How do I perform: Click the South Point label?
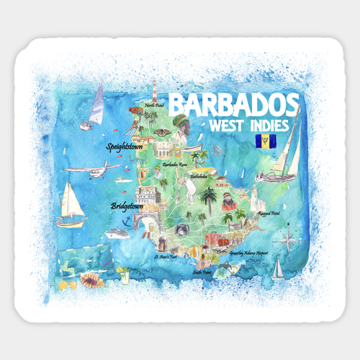pyautogui.click(x=202, y=273)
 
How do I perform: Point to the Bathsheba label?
pyautogui.click(x=199, y=177)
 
